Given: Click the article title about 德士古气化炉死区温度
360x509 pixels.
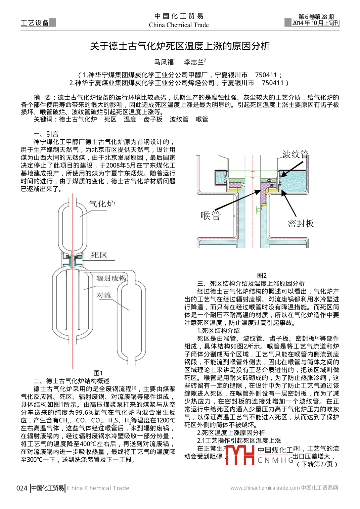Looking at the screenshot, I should point(180,46).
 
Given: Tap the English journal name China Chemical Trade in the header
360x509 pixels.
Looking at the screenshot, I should point(179,25).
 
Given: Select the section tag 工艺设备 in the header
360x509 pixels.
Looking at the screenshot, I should point(35,23).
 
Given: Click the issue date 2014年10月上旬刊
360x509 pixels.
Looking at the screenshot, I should point(315,23).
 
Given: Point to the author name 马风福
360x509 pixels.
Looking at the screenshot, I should point(164,62).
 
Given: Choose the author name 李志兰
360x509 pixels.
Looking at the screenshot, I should point(194,62).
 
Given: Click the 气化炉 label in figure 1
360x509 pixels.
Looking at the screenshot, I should point(102,204).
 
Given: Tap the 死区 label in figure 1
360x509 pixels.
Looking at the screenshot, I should point(99,255).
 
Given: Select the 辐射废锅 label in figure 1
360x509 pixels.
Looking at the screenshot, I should point(111,278).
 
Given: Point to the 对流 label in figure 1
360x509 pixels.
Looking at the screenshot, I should point(104,295).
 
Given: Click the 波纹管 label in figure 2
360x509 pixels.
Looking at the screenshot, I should point(295,154).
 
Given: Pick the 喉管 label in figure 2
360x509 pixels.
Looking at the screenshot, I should point(211,215).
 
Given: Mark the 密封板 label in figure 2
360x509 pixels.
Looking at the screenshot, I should point(301,224).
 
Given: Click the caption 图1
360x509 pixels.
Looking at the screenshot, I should point(98,373).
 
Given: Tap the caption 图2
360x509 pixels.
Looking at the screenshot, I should point(262,276).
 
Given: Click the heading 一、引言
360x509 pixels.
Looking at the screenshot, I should point(46,134).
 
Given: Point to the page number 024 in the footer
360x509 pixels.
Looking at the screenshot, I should point(22,488).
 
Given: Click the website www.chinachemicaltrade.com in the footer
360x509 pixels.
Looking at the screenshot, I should point(265,488).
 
